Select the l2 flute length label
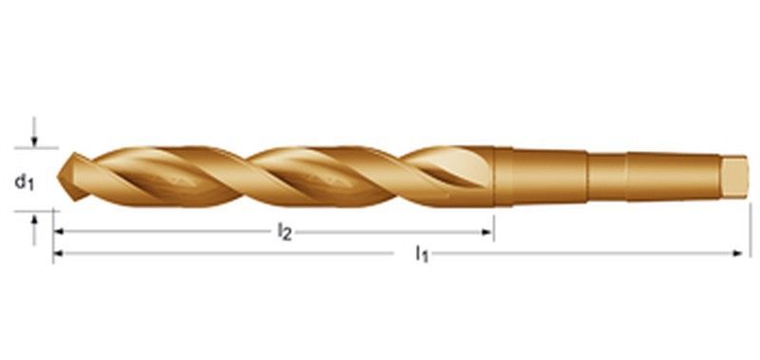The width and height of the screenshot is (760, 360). pos(284,233)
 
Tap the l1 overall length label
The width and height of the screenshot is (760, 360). pos(421,255)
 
